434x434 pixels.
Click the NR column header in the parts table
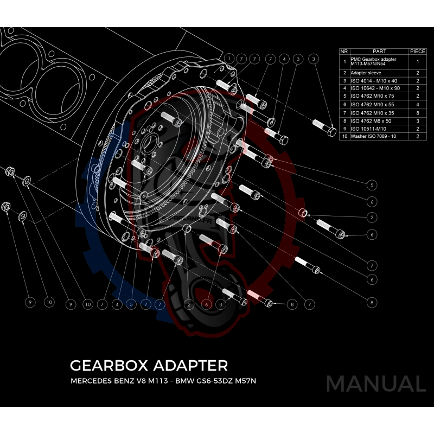point(344,51)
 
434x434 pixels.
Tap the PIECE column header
point(418,51)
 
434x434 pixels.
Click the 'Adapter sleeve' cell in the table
point(366,72)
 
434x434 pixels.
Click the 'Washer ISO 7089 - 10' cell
point(374,137)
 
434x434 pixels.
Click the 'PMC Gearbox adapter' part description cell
point(374,61)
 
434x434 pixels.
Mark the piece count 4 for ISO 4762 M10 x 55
point(418,104)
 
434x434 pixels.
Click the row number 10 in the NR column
point(344,137)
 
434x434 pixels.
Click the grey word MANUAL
point(375,384)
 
